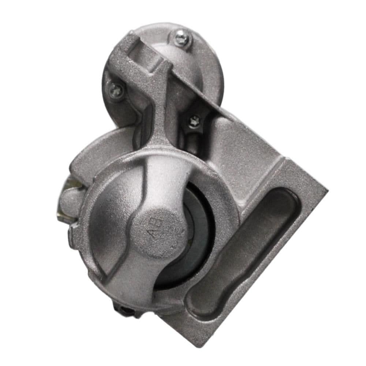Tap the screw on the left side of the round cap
click(x=116, y=90)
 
